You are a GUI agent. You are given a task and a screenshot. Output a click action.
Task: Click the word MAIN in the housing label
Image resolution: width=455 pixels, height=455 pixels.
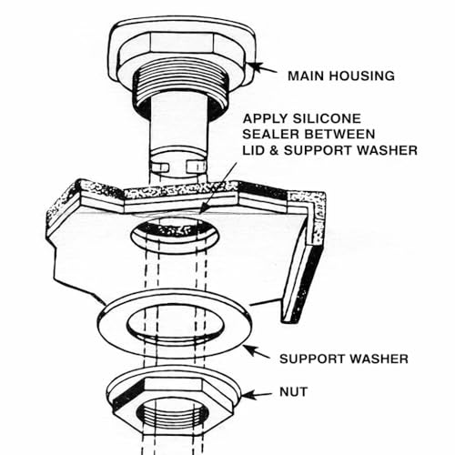coord(306,76)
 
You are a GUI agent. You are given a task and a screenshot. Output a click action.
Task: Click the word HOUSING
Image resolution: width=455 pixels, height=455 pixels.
coord(362,76)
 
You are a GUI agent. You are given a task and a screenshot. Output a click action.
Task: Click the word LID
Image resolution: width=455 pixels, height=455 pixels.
coord(254,150)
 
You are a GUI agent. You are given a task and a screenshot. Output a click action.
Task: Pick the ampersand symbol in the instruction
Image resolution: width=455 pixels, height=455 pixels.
coord(274,150)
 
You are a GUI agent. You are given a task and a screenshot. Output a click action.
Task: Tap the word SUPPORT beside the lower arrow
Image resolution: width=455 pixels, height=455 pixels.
coord(312,359)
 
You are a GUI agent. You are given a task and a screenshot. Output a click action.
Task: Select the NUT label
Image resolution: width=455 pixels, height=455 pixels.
coord(293,392)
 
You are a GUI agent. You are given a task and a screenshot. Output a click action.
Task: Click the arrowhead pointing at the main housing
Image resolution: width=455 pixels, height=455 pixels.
coord(256,66)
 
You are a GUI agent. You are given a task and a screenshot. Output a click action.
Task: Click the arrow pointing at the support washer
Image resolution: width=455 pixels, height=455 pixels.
coord(257,352)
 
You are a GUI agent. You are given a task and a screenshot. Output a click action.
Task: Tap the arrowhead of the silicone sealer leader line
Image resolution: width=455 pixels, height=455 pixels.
coord(204,209)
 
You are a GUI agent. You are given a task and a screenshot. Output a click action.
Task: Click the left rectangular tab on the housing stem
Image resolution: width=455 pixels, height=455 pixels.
coord(159,167)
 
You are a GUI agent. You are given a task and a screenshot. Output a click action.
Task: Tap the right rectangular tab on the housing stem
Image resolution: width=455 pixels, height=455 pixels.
coord(197,167)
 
